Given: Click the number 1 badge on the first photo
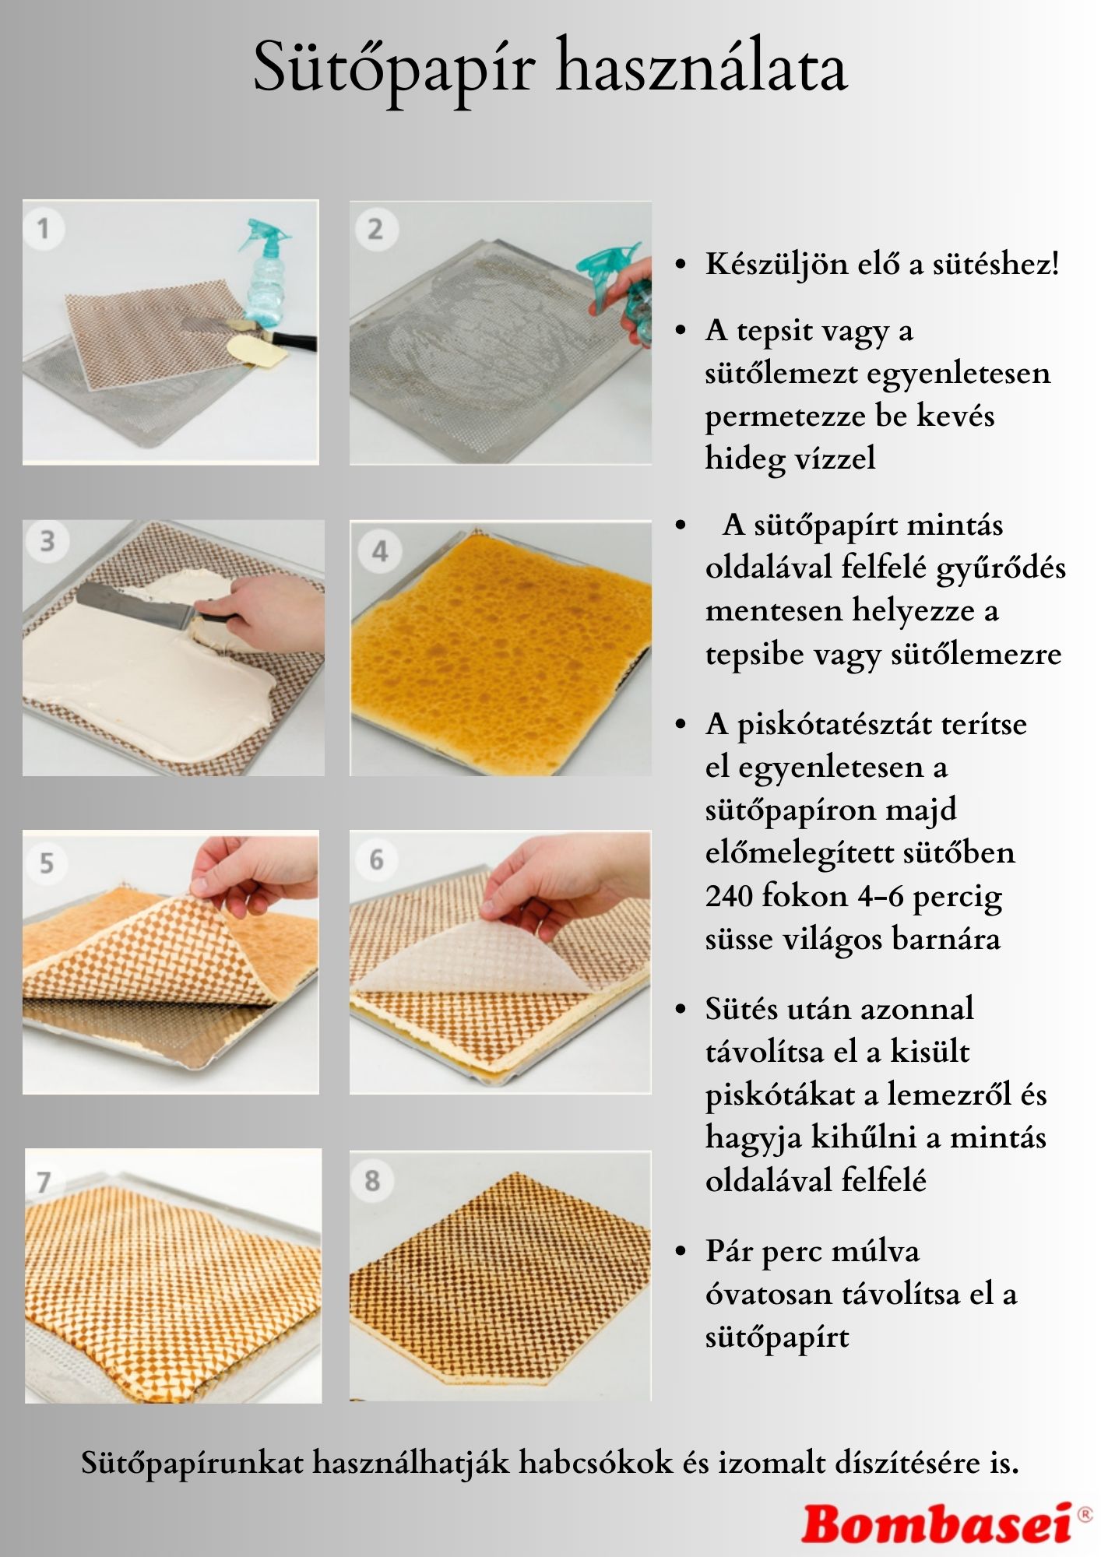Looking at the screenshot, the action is point(43,229).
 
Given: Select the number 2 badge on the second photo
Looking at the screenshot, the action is point(375,229).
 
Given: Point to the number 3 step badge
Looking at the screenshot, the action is point(47,541).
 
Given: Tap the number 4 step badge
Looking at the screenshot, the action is point(379,552).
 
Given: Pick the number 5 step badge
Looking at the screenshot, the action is point(46,863).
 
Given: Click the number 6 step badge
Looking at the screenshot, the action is point(376,859).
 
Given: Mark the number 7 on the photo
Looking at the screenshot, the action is point(44,1182).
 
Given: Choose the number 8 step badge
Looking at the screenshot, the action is point(372,1180).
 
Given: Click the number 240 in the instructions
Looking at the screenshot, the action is point(729,896).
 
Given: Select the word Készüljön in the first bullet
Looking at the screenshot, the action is point(765,265).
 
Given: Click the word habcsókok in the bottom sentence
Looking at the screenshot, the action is point(596,1463).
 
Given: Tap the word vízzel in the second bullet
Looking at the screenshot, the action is point(834,458).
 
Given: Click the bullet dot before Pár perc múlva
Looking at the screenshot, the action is point(681,1253).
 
